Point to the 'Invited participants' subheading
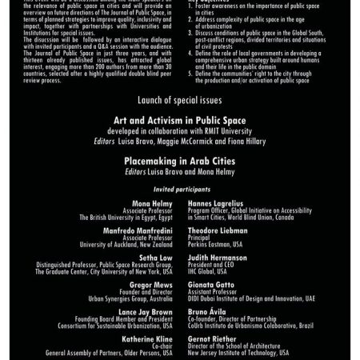[179, 189]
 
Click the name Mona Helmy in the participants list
[151, 203]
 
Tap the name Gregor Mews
[150, 283]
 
